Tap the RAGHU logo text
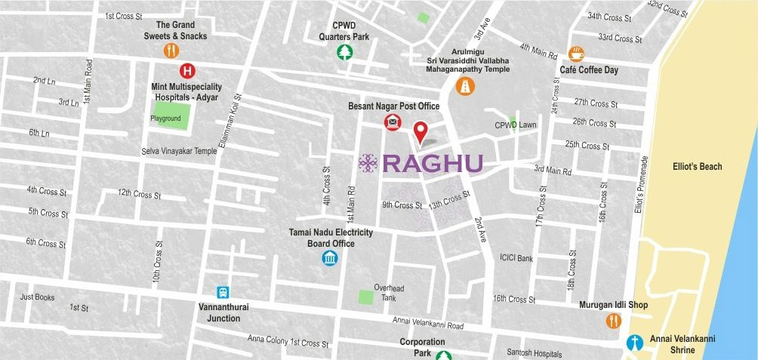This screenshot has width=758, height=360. click(433, 164)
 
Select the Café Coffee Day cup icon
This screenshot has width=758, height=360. click(578, 53)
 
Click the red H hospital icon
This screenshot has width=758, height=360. click(186, 71)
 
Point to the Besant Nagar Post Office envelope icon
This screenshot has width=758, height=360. click(393, 122)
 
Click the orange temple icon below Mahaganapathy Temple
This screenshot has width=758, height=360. click(465, 87)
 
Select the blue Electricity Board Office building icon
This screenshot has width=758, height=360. click(330, 258)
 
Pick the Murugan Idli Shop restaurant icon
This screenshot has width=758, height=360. click(613, 320)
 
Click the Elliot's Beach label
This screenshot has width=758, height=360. click(697, 167)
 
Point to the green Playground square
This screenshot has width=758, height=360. click(171, 116)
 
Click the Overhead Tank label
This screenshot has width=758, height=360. click(389, 293)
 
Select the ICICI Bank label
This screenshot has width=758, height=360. click(516, 258)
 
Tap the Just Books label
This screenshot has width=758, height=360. click(38, 297)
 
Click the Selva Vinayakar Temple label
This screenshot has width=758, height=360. click(179, 151)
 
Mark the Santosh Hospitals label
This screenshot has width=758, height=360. click(535, 353)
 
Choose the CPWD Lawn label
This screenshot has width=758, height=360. click(516, 125)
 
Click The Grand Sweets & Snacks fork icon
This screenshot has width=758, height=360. click(171, 51)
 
